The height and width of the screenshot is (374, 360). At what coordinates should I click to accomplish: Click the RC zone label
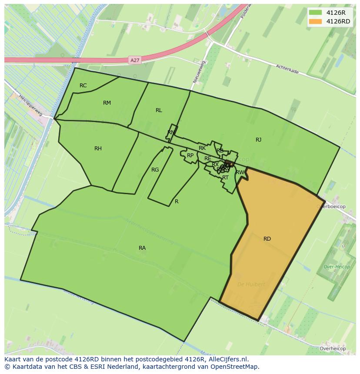click(x=83, y=86)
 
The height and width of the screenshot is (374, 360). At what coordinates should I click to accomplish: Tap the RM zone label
click(x=107, y=103)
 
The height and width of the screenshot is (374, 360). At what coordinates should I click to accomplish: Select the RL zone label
click(x=159, y=110)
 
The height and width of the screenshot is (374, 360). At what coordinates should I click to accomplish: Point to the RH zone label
click(x=98, y=149)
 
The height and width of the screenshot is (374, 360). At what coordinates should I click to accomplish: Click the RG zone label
click(x=155, y=170)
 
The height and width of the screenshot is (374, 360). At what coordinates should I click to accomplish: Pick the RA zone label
click(x=142, y=248)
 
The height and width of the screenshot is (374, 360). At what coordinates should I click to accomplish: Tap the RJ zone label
click(x=258, y=140)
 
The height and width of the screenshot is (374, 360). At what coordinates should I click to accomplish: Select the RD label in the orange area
click(x=267, y=239)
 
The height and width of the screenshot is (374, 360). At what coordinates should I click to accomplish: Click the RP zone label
click(x=190, y=156)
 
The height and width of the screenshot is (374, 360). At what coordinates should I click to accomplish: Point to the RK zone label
click(x=202, y=149)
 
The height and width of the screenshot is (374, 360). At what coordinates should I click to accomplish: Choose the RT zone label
click(x=225, y=178)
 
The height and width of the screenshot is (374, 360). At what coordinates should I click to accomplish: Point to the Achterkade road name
click(x=287, y=69)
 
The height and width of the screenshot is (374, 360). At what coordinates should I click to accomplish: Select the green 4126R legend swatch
click(x=316, y=13)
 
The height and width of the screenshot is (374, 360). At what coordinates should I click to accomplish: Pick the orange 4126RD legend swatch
click(x=316, y=21)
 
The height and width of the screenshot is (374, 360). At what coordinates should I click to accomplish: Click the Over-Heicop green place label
click(x=334, y=267)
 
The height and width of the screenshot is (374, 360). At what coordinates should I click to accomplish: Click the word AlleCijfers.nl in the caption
click(x=229, y=359)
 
